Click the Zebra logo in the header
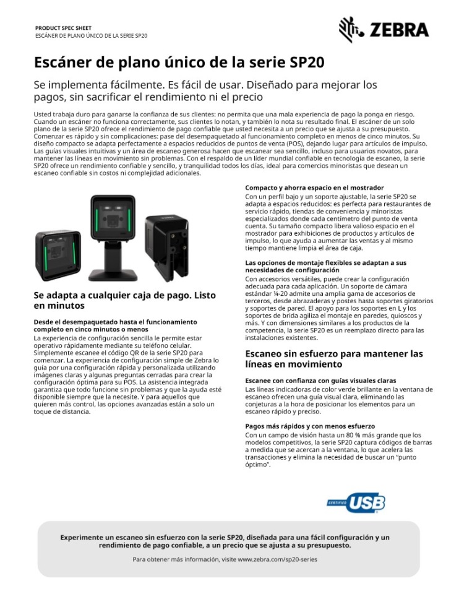coord(384,30)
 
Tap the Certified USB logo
coord(356,503)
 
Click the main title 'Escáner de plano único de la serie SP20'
coord(179,63)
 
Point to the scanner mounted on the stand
coord(113,226)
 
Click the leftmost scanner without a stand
coord(58,255)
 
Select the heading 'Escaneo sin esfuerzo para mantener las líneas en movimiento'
coord(334,359)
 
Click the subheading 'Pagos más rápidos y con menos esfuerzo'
coord(310,426)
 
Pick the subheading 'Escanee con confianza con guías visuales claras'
coord(320,380)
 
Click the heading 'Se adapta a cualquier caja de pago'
coord(124,300)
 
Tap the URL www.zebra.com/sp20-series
coord(277,559)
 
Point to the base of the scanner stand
coord(113,273)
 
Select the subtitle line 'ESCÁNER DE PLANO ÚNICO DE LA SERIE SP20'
coord(91,36)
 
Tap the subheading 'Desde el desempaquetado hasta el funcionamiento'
coord(115,322)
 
